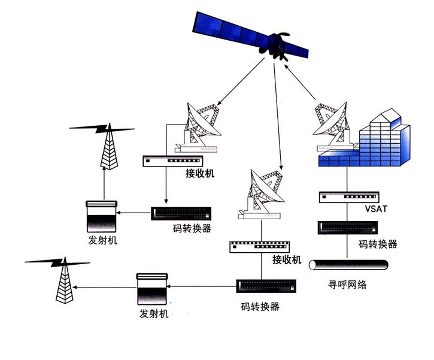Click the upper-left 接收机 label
click(200, 174)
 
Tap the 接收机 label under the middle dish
click(286, 259)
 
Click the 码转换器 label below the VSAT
click(378, 244)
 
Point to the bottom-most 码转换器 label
click(260, 306)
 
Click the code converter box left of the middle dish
click(182, 214)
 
